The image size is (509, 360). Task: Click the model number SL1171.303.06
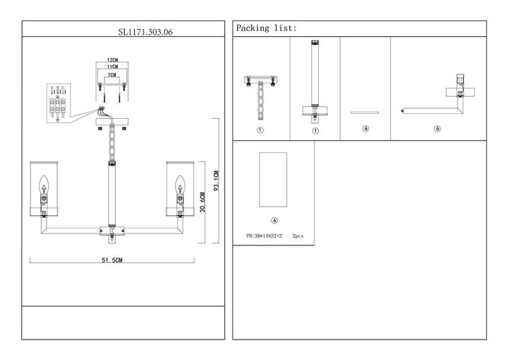145,32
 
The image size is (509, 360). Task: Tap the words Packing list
267,28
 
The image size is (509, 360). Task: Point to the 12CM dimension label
112,60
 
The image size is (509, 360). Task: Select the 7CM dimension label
112,75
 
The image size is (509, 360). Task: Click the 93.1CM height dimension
216,180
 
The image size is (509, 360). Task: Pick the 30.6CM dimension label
203,202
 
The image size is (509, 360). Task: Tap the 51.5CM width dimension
112,260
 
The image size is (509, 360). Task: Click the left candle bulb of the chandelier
44,185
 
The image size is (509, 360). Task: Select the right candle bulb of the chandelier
180,185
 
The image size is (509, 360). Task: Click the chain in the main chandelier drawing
112,143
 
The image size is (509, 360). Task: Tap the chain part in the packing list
261,101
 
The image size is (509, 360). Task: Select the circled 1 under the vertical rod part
315,131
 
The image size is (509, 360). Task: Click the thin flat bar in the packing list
365,112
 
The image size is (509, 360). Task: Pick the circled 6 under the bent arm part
438,129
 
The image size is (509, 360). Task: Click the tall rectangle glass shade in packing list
274,180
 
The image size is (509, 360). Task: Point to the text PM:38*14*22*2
264,236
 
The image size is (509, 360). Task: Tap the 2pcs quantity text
298,236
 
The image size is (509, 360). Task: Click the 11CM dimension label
112,67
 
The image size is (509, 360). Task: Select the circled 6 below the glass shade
274,221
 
